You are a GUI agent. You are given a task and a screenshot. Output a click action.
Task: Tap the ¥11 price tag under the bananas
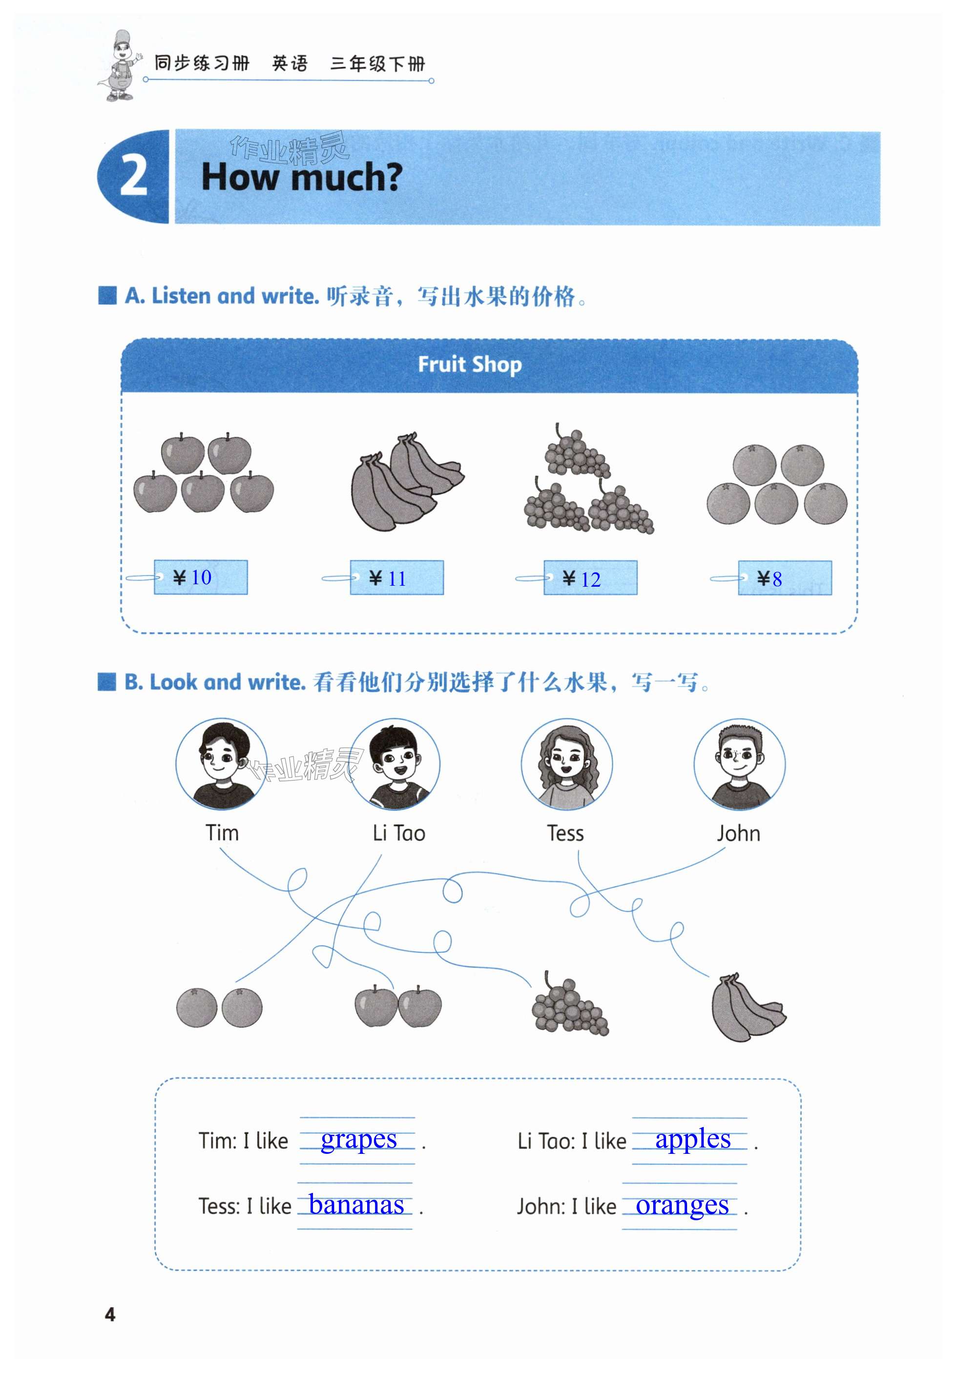coord(396,578)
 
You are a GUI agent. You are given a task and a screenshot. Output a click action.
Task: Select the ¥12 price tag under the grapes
coord(590,578)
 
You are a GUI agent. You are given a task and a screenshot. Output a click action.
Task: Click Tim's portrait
coord(221,764)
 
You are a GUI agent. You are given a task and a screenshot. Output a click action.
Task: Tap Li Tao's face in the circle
coord(395,764)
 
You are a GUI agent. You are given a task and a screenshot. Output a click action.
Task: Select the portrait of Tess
coord(566,764)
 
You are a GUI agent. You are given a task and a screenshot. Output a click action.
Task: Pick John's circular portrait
coord(739,764)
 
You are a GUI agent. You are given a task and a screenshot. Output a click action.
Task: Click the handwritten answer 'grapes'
coord(358,1140)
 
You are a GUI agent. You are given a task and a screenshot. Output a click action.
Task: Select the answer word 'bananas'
coord(356,1205)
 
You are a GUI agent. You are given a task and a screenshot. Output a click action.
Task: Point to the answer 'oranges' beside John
coord(682,1205)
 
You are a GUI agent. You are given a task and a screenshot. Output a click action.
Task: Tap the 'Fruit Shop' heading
coord(470,364)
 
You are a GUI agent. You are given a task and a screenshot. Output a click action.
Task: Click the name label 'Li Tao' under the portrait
coord(398,833)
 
